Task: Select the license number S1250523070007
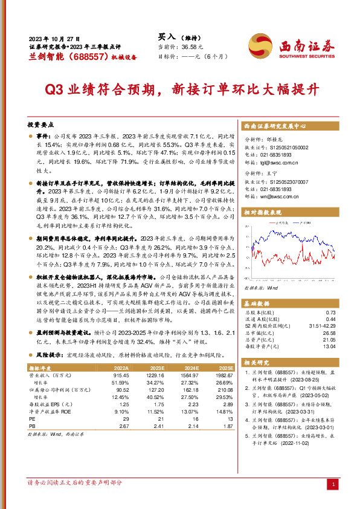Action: (286, 181)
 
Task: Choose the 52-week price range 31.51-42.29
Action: (322, 327)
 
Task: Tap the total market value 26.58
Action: (329, 333)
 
